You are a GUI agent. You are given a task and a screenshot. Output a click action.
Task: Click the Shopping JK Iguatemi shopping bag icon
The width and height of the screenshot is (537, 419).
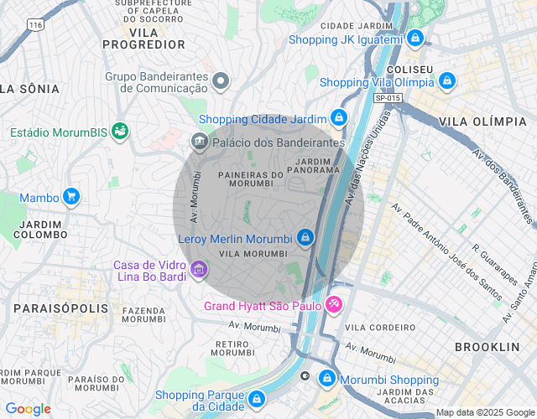414,39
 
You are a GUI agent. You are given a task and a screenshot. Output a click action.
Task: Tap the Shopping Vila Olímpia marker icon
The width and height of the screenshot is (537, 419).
447,81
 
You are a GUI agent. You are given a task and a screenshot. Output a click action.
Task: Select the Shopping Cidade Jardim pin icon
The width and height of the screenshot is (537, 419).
338,118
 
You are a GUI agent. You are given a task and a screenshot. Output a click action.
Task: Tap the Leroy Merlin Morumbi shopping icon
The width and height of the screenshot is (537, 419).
305,238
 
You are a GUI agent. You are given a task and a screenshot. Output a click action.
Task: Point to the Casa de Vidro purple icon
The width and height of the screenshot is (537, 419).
199,269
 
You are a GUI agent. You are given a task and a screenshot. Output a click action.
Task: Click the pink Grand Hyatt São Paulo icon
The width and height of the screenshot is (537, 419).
333,304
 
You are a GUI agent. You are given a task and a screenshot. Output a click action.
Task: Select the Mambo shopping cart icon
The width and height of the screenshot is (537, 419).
71,197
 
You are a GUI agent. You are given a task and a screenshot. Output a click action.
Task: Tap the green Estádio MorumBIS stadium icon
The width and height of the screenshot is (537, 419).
122,132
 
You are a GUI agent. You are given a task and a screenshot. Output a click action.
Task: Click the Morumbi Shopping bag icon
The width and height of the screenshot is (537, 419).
326,380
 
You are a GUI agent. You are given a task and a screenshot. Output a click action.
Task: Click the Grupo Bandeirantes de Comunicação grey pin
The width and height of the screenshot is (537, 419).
221,80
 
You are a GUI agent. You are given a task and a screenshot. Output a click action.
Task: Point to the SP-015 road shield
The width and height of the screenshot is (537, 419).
388,98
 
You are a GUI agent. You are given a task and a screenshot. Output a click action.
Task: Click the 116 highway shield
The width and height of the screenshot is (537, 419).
34,25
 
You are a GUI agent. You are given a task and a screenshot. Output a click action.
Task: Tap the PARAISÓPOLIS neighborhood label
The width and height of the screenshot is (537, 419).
61,308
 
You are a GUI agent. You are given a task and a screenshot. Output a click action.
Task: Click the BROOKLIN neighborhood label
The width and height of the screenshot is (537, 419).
487,346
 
